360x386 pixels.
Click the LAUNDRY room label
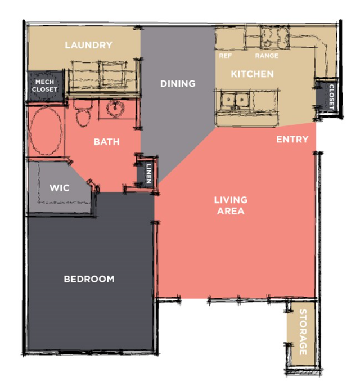coord(88,45)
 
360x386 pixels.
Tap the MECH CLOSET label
coord(44,86)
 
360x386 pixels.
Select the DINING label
coord(178,84)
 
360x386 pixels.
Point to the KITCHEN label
coord(252,74)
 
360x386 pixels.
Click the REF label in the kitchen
coord(226,56)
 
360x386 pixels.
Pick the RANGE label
coord(267,56)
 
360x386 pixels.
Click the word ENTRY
coord(292,140)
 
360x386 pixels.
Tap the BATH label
coord(106,142)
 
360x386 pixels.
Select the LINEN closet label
coord(148,173)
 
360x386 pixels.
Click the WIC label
coord(59,188)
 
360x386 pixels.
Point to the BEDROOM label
coord(89,279)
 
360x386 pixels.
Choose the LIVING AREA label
coord(231,205)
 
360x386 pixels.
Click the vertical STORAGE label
coord(303,332)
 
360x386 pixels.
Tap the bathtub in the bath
coord(46,132)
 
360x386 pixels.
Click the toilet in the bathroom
coord(83,113)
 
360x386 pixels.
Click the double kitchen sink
coord(235,100)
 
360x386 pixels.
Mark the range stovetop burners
coord(274,37)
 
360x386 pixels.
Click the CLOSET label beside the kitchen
coord(331,97)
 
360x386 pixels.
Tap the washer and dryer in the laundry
coord(102,75)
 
